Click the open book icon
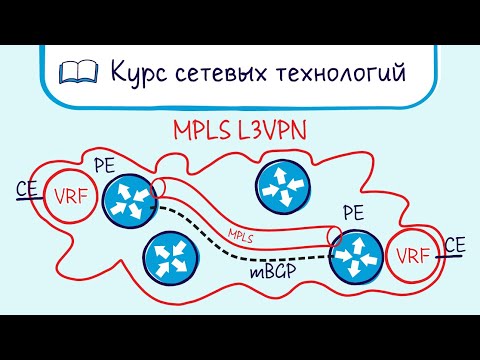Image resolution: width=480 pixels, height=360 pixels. pos(77,71)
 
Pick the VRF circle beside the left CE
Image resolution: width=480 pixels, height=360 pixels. pos(69,195)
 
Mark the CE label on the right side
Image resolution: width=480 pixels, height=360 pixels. pos(456,244)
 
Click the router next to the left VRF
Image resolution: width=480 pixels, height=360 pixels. pos(129,197)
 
